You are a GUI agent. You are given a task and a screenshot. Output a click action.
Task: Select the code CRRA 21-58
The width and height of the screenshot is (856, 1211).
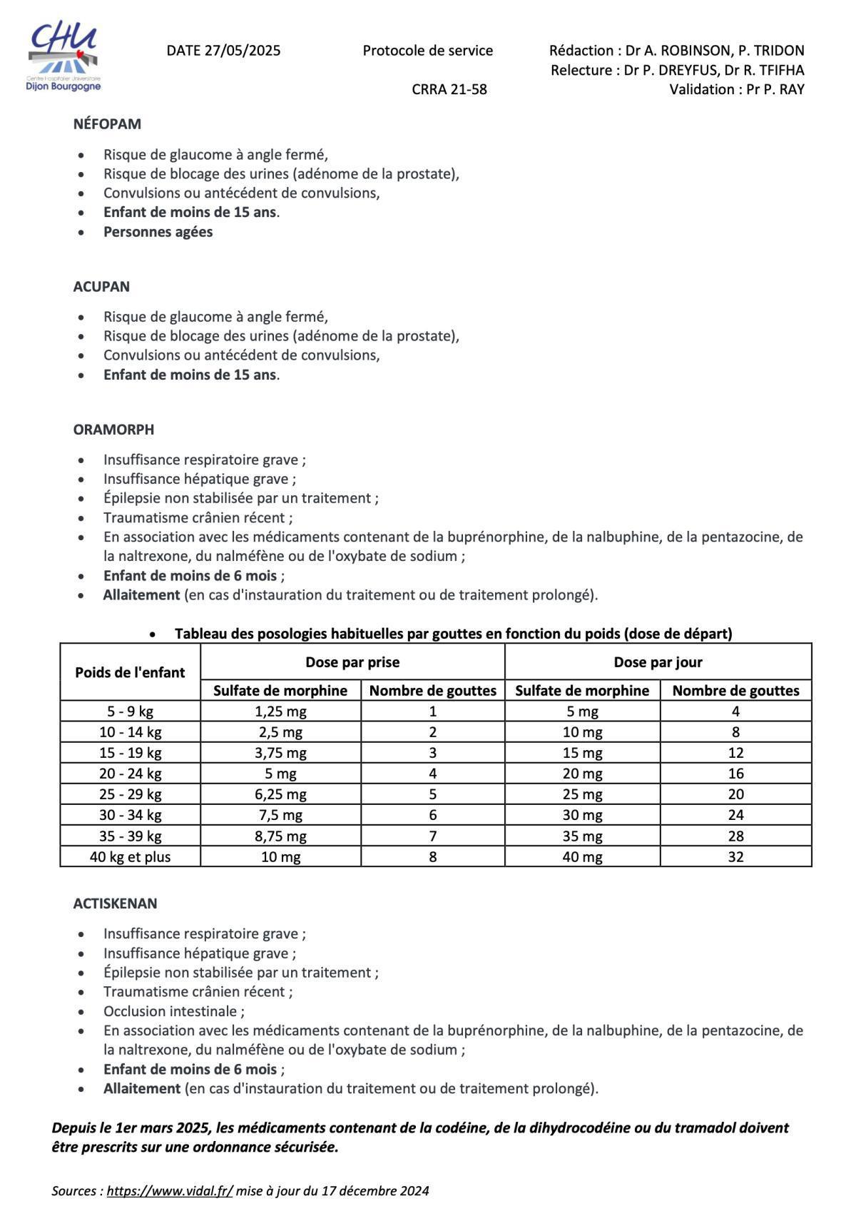tap(449, 89)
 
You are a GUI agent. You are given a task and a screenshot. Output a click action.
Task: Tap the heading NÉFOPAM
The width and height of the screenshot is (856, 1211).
tap(107, 124)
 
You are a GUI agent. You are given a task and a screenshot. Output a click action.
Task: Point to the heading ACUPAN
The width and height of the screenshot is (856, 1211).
tap(101, 287)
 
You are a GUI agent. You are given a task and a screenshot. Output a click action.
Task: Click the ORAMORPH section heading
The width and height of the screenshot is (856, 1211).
tap(113, 430)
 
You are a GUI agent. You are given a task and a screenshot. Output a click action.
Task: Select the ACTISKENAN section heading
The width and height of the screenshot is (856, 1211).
tap(115, 903)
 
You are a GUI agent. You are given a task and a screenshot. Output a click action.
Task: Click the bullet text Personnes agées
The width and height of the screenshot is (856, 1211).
tap(158, 232)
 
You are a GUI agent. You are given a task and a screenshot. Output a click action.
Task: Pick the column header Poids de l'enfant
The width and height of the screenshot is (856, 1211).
tap(130, 672)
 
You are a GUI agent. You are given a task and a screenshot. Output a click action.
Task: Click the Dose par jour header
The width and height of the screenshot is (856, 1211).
tap(658, 662)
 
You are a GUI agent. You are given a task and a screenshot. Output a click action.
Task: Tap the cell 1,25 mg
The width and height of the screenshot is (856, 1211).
tap(280, 711)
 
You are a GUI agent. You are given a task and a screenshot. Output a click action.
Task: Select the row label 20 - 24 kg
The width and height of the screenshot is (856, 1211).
tap(130, 774)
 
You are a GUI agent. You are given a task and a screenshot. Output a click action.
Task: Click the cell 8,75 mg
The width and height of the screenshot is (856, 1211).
tap(280, 836)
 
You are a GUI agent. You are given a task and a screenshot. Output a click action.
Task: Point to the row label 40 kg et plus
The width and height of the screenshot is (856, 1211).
tap(130, 857)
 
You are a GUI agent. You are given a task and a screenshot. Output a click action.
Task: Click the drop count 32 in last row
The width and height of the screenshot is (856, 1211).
tap(735, 857)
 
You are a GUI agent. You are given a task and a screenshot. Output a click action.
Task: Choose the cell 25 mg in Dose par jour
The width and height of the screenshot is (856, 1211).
tap(582, 794)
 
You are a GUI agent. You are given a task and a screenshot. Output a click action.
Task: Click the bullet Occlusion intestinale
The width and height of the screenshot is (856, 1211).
tap(173, 1011)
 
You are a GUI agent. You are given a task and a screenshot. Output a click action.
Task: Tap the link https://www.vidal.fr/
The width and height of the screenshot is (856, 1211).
tap(170, 1191)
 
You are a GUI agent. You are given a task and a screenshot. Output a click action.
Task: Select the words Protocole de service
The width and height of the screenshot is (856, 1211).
tap(427, 51)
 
